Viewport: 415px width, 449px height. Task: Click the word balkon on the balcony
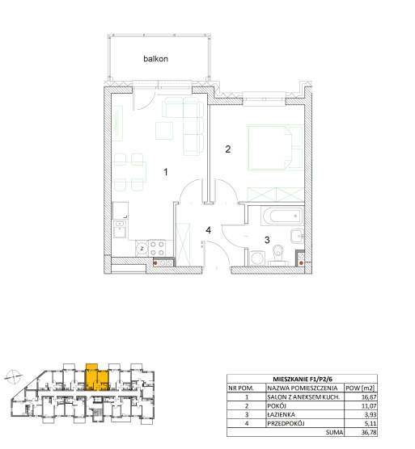(x=155, y=59)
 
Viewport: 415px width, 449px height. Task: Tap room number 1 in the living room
(x=166, y=172)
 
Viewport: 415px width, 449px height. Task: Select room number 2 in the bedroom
(x=227, y=149)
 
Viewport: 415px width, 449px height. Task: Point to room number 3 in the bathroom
(x=267, y=240)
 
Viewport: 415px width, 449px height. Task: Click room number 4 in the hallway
(x=209, y=230)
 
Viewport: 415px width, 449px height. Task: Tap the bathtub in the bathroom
(x=282, y=216)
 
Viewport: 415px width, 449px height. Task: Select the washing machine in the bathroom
(x=257, y=258)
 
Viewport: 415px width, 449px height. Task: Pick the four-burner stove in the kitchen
(x=157, y=248)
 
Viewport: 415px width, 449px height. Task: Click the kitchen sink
(x=120, y=229)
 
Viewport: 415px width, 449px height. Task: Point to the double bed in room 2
(x=276, y=148)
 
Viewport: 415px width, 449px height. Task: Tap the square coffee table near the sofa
(x=164, y=131)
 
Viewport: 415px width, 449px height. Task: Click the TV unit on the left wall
(x=117, y=124)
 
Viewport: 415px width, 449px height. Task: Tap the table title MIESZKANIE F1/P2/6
(x=302, y=379)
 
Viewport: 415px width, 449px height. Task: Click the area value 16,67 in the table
(x=369, y=397)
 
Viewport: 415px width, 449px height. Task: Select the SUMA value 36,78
(x=369, y=432)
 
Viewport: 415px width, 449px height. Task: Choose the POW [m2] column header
(x=360, y=388)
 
